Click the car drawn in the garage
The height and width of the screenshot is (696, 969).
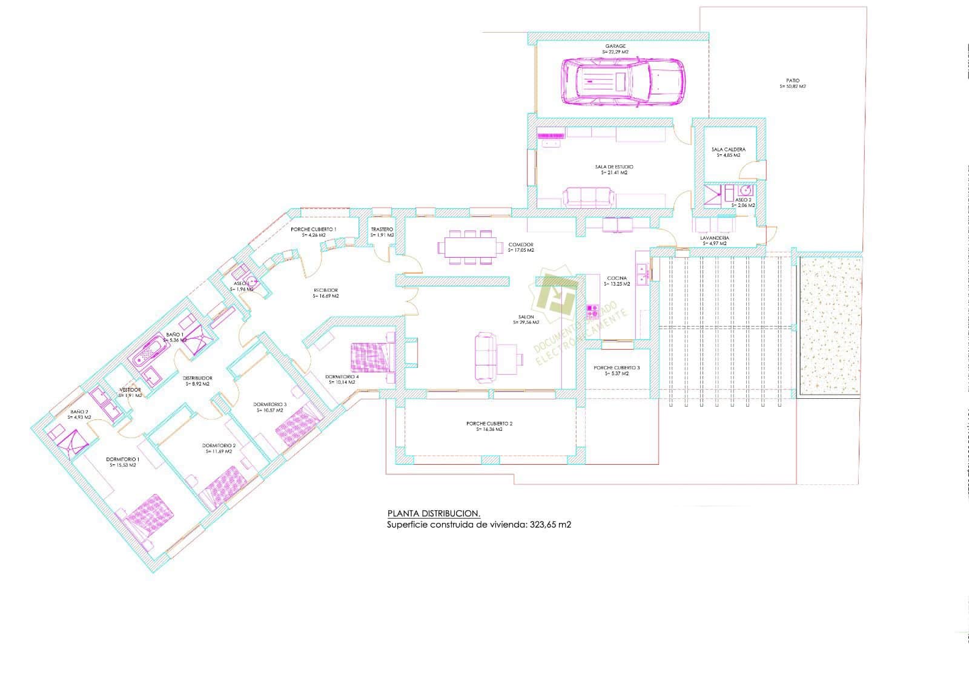tap(624, 81)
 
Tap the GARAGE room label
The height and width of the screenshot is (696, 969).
tap(615, 47)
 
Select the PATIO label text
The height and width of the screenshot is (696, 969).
tap(793, 80)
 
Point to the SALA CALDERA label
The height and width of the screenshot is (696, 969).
tap(729, 149)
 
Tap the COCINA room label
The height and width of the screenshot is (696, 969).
tap(617, 278)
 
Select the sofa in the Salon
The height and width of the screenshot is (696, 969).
tap(486, 358)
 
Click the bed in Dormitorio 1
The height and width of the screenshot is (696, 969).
tap(148, 515)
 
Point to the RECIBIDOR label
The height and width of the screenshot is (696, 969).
tap(326, 291)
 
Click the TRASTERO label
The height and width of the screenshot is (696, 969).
tap(382, 229)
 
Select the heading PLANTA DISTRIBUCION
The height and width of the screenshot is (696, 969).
tap(434, 513)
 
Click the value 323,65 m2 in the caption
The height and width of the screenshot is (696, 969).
tap(551, 525)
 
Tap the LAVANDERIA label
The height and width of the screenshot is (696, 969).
tap(715, 238)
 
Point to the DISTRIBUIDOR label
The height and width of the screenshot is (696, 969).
tap(197, 378)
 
